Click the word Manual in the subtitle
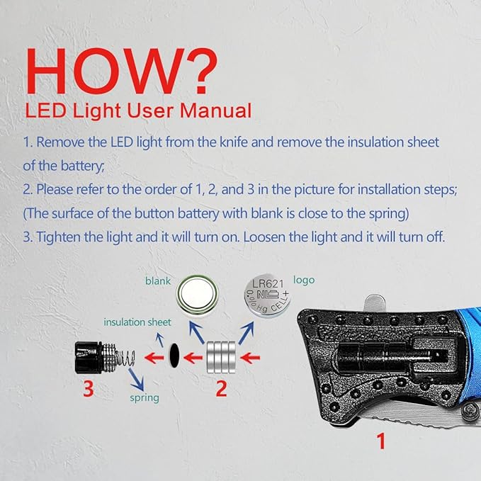point(215,111)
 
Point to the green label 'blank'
point(158,281)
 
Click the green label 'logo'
point(304,280)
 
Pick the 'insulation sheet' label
point(137,322)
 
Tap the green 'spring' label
point(145,398)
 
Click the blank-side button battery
point(197,295)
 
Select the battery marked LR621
point(267,295)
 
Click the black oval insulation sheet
point(174,356)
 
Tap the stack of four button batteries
point(221,357)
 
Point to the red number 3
point(88,389)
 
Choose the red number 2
point(222,389)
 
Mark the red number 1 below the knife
point(380,441)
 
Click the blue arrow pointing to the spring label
point(136,379)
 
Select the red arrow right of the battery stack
point(250,358)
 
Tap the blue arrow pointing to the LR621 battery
point(247,332)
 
